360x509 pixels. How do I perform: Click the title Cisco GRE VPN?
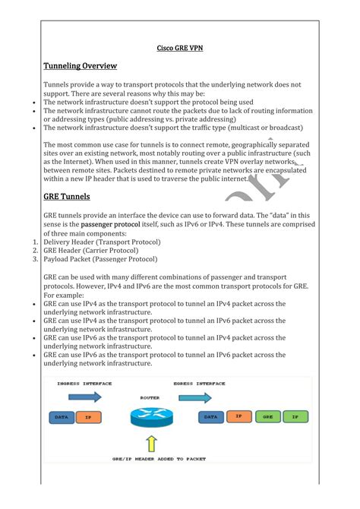point(180,49)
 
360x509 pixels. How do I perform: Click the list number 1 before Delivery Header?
point(35,242)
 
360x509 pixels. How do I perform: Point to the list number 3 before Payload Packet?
point(35,259)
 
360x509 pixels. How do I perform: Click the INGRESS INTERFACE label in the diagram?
point(84,384)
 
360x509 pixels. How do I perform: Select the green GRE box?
point(267,417)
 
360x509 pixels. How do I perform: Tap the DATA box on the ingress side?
point(61,417)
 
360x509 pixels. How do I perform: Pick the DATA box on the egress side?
point(210,417)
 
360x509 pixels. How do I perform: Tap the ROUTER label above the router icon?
point(150,397)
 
